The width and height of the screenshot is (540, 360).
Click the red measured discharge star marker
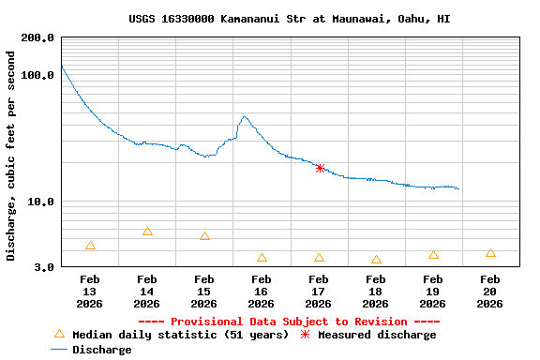tap(320, 168)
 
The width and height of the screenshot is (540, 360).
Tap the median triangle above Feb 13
tap(90, 246)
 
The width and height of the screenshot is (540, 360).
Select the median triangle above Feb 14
tap(147, 232)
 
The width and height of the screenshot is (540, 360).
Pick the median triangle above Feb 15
tap(204, 236)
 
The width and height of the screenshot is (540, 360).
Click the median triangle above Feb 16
tap(262, 258)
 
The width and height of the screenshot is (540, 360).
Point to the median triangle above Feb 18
tap(376, 260)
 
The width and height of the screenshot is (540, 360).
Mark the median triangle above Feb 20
tap(490, 253)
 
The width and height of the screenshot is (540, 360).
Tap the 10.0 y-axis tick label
tap(40, 202)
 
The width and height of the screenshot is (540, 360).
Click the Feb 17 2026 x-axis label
tap(319, 292)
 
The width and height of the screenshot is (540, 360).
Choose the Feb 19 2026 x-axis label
tap(433, 292)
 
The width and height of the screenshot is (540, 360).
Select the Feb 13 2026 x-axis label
tap(90, 292)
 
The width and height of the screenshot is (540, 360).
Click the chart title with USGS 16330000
tap(290, 19)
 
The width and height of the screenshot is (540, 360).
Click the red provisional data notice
tap(290, 322)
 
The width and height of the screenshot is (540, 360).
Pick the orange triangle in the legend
tap(59, 334)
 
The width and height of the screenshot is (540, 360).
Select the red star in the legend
tap(305, 335)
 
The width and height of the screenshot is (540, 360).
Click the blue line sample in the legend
tap(59, 350)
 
